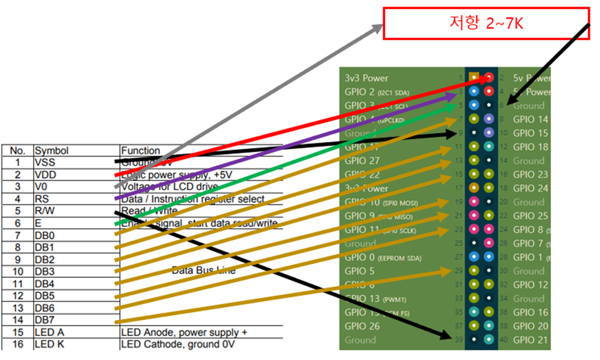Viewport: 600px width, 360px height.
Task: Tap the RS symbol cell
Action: point(41,198)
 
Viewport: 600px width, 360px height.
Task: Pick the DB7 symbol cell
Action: point(44,320)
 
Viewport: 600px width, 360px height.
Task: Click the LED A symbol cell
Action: point(48,332)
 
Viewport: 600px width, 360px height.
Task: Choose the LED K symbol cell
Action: point(48,344)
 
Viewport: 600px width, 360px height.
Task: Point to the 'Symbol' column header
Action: point(51,150)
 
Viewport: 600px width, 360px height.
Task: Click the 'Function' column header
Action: point(141,150)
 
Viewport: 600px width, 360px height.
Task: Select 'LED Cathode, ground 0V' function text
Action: point(178,344)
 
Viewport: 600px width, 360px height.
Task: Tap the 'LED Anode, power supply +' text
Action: point(184,332)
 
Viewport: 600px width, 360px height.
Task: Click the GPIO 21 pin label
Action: point(531,340)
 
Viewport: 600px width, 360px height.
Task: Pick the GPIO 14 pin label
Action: point(531,119)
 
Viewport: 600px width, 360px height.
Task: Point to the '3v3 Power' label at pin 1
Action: point(366,78)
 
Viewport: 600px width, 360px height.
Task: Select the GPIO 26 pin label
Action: point(362,326)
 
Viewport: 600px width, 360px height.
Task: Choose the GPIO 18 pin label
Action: point(531,147)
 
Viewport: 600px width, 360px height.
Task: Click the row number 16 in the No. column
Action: point(17,344)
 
